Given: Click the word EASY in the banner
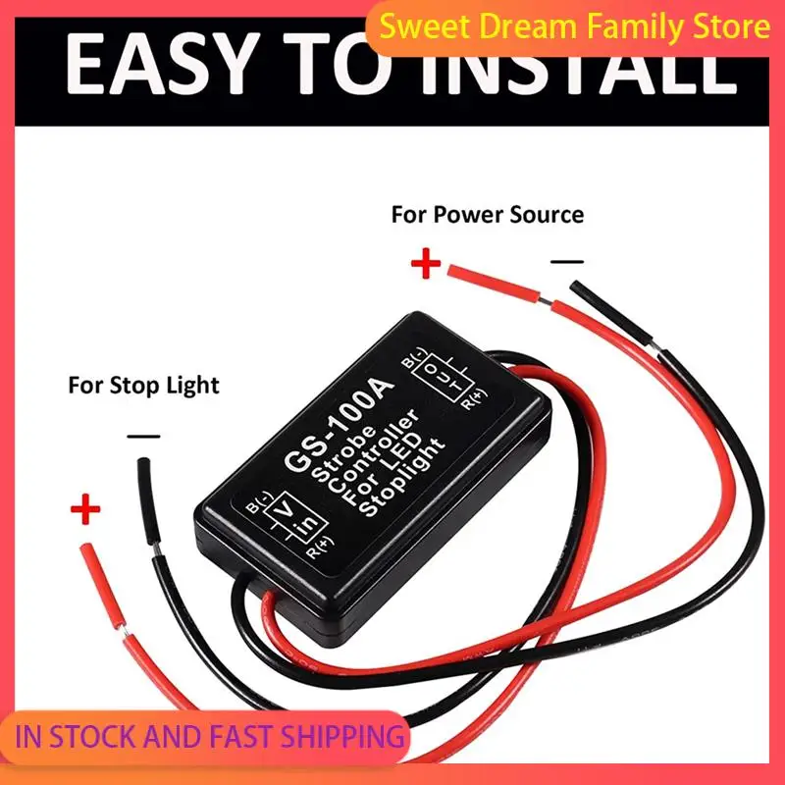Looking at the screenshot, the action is point(159,64).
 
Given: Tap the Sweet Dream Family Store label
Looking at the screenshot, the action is point(575,26).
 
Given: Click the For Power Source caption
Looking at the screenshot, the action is point(487,214).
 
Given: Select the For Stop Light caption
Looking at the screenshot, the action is point(143,386).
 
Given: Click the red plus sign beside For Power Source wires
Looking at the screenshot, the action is point(426,263).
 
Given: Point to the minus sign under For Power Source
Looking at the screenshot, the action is point(567,261).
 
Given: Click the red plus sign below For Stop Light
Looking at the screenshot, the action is point(85,508).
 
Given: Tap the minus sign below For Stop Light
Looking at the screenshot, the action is point(143,437).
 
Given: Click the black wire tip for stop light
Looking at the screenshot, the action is point(143,461).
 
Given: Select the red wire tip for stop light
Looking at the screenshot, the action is point(86,549).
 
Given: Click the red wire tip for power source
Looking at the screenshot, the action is point(451,271).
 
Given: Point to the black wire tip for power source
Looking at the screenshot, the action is point(576,287).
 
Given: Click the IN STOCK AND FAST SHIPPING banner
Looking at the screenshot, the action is point(210,736).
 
